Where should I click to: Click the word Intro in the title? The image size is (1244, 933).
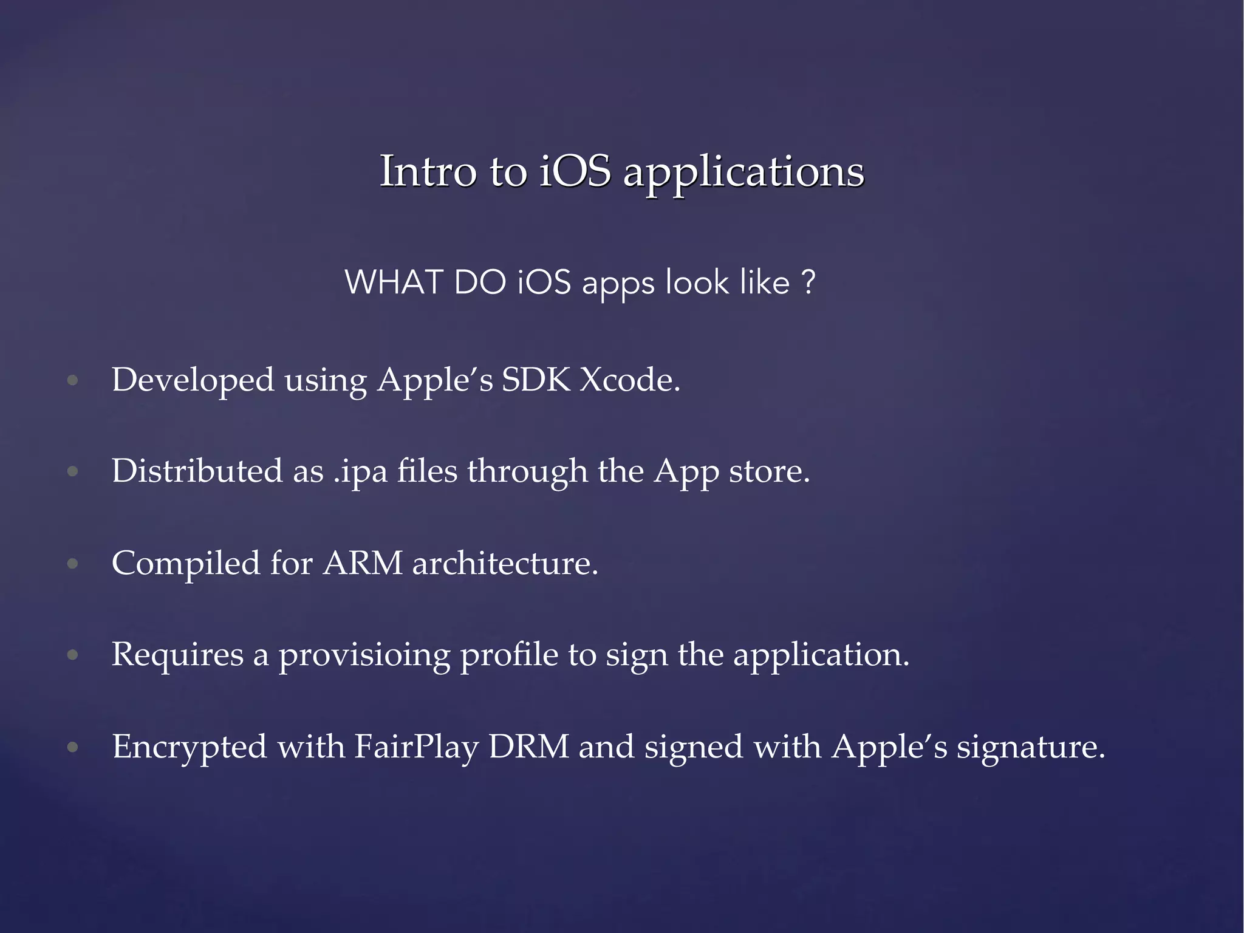pyautogui.click(x=428, y=171)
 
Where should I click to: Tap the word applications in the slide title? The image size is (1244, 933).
pyautogui.click(x=743, y=173)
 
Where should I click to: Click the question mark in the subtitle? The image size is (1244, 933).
pyautogui.click(x=808, y=282)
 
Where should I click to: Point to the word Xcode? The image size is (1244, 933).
pyautogui.click(x=629, y=380)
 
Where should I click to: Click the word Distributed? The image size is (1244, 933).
pyautogui.click(x=197, y=471)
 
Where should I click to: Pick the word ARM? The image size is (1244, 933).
pyautogui.click(x=363, y=563)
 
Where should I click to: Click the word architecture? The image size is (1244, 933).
pyautogui.click(x=505, y=563)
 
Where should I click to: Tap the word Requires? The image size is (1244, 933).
pyautogui.click(x=177, y=655)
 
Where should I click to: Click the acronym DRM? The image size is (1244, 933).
pyautogui.click(x=528, y=747)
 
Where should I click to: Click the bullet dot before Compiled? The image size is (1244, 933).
pyautogui.click(x=73, y=564)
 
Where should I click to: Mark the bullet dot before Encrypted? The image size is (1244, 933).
pyautogui.click(x=73, y=747)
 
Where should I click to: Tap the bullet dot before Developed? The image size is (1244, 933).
pyautogui.click(x=73, y=381)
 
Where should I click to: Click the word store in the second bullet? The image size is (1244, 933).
pyautogui.click(x=768, y=471)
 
